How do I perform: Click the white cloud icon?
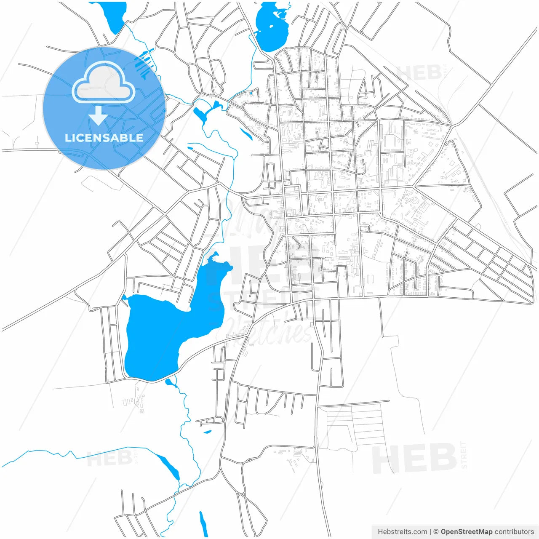104,82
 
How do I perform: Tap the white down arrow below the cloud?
99,116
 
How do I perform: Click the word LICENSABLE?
104,138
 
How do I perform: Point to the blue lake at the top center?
272,27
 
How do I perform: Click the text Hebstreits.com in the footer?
402,532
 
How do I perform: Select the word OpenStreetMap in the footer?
466,532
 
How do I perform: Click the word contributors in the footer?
514,532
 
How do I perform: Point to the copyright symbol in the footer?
436,532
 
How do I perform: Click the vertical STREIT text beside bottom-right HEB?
464,455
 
